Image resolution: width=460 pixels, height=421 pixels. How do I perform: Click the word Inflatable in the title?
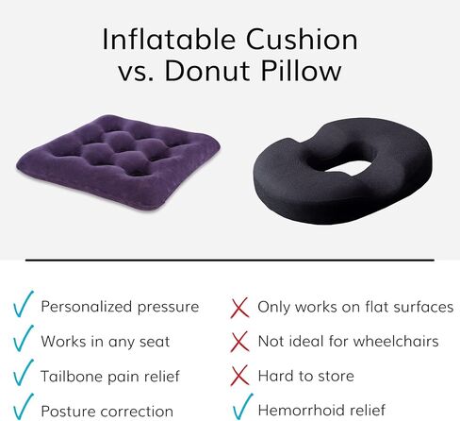pos(169,40)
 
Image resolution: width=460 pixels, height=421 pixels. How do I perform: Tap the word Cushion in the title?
pos(302,40)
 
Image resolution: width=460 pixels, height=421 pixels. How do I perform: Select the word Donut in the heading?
pos(207,70)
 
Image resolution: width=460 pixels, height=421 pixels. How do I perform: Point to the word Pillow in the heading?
pos(301,70)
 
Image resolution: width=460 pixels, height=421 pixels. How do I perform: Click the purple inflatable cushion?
pos(119,162)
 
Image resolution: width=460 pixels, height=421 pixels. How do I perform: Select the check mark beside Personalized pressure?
pos(24,304)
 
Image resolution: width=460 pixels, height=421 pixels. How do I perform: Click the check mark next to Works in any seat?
pos(24,339)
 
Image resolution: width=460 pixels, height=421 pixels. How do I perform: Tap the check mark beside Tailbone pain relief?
pos(24,373)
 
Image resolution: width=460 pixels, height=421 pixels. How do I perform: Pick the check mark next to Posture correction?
pos(24,407)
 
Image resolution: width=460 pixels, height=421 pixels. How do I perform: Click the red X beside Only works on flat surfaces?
pos(239,308)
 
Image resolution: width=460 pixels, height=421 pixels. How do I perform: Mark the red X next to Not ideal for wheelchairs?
pos(239,342)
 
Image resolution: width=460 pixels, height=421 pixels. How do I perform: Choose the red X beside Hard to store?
pos(239,376)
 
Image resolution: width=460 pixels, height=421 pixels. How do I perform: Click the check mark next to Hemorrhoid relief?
pos(243,407)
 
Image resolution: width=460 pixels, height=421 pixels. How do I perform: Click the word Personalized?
pos(87,307)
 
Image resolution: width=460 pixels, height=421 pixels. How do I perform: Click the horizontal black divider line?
pos(230,261)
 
